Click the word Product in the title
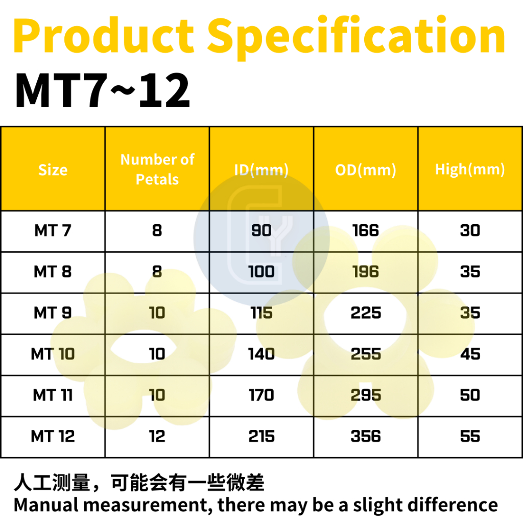pos(103,35)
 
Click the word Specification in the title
pos(356,38)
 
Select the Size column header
pos(53,170)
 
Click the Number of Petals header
pos(157,169)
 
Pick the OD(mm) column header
pos(366,170)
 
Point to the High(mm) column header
pos(470,170)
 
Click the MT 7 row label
pos(53,230)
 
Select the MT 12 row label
pos(53,436)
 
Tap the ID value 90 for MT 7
pos(261,230)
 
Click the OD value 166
pos(366,230)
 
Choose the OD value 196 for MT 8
pos(366,272)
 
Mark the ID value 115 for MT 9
pos(261,313)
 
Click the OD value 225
pos(366,313)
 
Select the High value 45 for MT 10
pos(470,354)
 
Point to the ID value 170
pos(261,395)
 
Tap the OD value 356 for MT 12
pos(366,436)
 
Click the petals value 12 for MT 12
pos(157,436)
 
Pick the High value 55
pos(470,436)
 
